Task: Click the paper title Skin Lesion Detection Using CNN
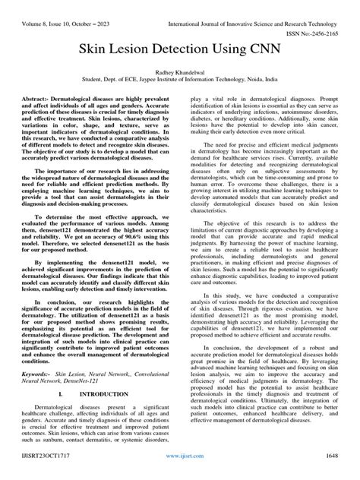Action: click(x=180, y=47)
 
